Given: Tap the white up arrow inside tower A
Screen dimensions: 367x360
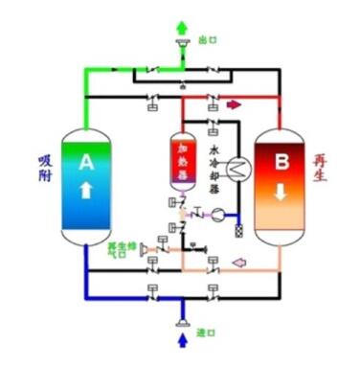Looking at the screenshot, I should (x=86, y=191).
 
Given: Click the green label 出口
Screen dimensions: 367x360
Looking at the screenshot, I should (x=208, y=40).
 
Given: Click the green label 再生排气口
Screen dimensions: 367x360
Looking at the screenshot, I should (x=119, y=251).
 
